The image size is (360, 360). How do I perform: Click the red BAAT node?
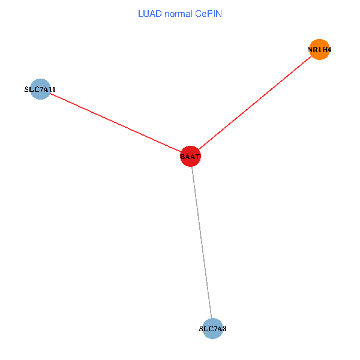coord(190,157)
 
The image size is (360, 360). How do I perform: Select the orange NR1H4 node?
coord(319,50)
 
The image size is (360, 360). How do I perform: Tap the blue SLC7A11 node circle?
coord(40,89)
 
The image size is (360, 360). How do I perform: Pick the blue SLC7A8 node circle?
coord(212,328)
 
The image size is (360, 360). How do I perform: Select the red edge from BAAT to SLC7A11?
coord(114,122)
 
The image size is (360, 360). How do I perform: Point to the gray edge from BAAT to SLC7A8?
coord(202,243)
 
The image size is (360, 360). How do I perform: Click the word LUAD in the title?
coord(150,14)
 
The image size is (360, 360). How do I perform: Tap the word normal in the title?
coord(178,14)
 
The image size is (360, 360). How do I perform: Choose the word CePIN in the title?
coord(208,14)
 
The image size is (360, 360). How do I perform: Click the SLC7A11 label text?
coord(40,89)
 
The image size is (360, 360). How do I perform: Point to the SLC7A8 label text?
coord(212,329)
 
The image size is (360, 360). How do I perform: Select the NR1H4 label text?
coord(319,50)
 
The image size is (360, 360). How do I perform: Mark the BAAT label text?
coord(190,157)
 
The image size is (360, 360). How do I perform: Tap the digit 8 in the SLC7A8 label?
coord(224,329)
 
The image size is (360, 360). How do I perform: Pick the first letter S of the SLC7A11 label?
coord(26,89)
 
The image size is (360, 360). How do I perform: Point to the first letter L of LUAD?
coord(140,14)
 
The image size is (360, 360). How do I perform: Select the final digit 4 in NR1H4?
coord(328,50)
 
